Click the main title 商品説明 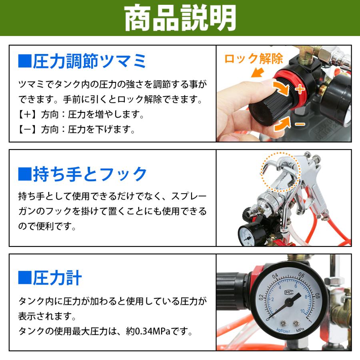pyautogui.click(x=180, y=18)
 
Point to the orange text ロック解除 pyautogui.click(x=254, y=59)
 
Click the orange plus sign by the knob pyautogui.click(x=300, y=88)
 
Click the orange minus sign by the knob pyautogui.click(x=300, y=124)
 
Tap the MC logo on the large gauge pyautogui.click(x=288, y=292)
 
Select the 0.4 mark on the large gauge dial pyautogui.click(x=275, y=276)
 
